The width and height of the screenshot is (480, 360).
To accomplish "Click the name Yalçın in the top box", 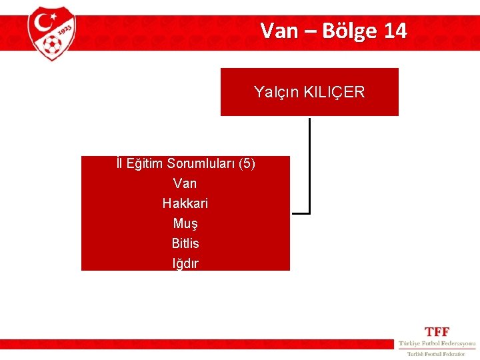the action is click(276, 92).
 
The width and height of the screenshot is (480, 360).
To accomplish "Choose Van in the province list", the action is click(185, 183).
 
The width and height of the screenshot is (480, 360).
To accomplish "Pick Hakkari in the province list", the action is click(185, 203).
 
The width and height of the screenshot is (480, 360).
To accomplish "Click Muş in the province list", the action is click(185, 223).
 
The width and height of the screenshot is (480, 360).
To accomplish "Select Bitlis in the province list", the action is click(185, 243).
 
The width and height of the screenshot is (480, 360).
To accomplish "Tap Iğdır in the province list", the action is click(185, 263).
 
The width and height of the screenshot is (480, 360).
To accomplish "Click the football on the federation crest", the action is click(51, 45).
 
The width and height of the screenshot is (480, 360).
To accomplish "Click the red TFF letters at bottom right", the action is click(437, 331).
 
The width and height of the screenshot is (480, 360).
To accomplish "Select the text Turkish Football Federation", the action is click(437, 354).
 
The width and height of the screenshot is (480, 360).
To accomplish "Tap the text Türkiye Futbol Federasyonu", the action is click(437, 343).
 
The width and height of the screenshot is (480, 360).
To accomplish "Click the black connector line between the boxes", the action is click(310, 167).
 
